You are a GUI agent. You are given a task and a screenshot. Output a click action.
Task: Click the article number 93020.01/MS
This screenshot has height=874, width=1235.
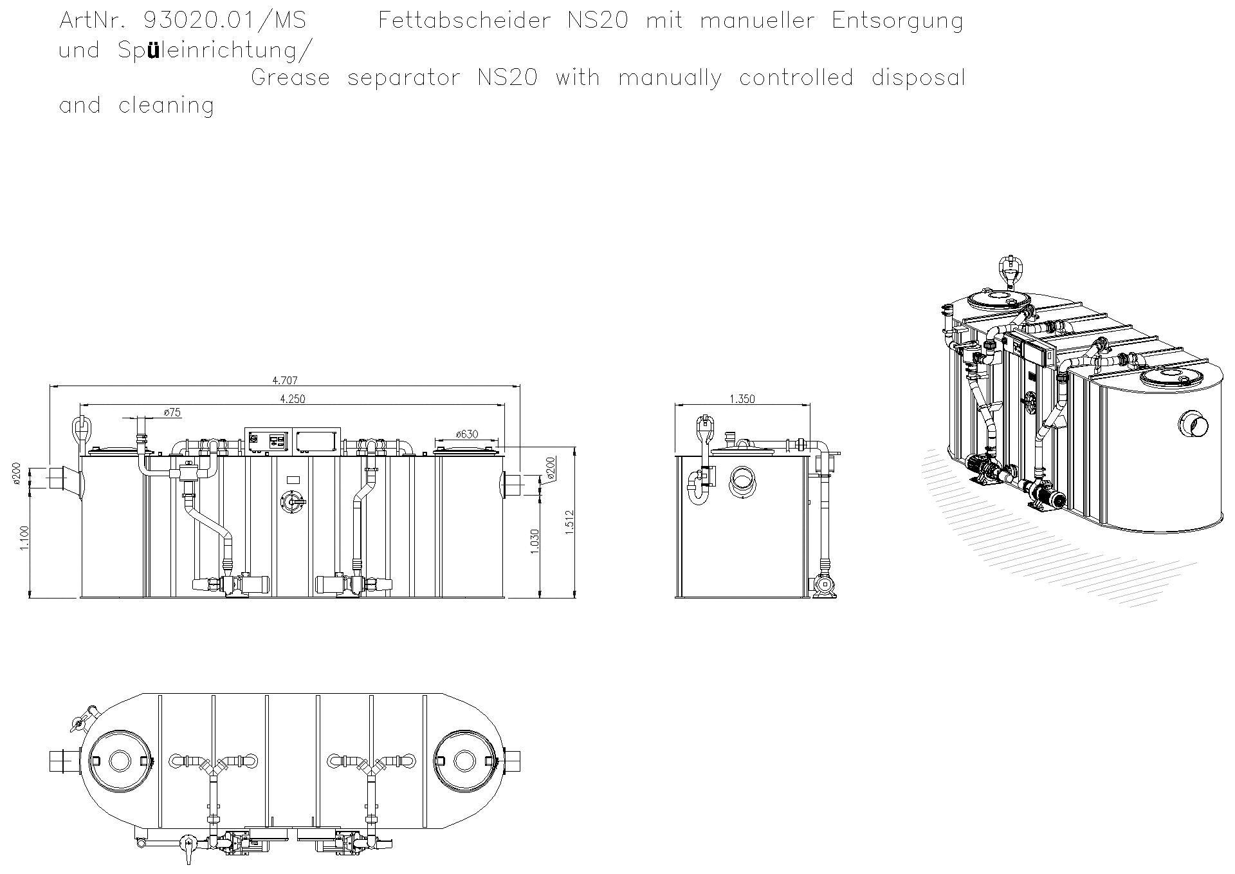[x=224, y=21]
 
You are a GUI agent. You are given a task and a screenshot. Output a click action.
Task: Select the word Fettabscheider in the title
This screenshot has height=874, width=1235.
[x=464, y=21]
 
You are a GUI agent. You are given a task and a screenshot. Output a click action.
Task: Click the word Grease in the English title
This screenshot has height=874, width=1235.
[x=290, y=78]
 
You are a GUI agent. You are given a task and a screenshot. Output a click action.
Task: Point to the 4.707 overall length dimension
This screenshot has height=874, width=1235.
[x=286, y=380]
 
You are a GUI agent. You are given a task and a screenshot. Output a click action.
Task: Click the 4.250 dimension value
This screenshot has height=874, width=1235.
[x=292, y=399]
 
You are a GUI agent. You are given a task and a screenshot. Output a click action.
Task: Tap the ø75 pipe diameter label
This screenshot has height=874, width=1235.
[x=172, y=413]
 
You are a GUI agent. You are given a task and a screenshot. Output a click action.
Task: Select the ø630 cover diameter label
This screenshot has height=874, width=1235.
[x=466, y=434]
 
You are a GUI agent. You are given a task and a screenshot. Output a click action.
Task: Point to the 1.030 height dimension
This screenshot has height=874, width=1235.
[x=535, y=541]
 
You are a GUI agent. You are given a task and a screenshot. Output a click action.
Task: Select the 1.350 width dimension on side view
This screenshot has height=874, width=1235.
[x=742, y=399]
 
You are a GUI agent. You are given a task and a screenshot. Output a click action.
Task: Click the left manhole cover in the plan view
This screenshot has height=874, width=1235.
[x=120, y=761]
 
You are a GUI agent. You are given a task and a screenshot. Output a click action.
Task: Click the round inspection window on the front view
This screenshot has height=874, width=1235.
[x=293, y=502]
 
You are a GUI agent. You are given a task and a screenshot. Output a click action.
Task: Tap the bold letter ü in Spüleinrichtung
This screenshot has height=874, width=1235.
[x=153, y=50]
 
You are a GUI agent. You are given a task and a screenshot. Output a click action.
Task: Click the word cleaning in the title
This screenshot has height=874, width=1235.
[x=166, y=106]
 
